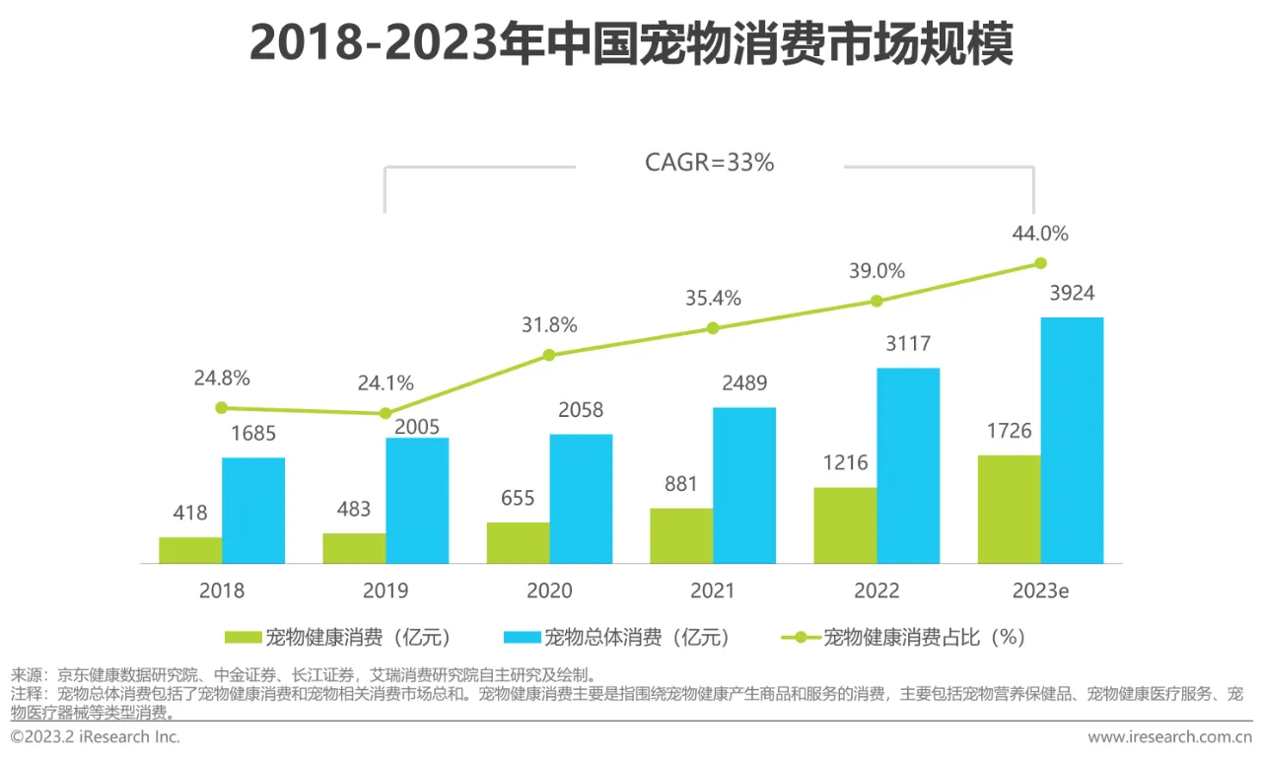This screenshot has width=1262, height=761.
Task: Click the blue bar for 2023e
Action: pyautogui.click(x=1072, y=441)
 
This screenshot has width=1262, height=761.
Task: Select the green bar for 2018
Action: pyautogui.click(x=190, y=550)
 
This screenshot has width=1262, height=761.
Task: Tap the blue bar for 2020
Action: pyautogui.click(x=581, y=499)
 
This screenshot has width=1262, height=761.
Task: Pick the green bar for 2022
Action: pyautogui.click(x=845, y=525)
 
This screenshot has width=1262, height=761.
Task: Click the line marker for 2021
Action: pyautogui.click(x=713, y=327)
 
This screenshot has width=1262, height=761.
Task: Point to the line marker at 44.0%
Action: pyautogui.click(x=1040, y=263)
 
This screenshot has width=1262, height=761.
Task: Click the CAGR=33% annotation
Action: pyautogui.click(x=710, y=163)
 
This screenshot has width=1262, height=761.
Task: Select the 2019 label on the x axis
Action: pyautogui.click(x=386, y=590)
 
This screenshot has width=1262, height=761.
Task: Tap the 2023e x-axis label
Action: pyautogui.click(x=1040, y=590)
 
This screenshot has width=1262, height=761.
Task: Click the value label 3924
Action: pyautogui.click(x=1072, y=294)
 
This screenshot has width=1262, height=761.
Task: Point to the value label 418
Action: pyautogui.click(x=190, y=513)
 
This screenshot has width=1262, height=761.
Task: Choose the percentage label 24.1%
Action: pyautogui.click(x=386, y=382)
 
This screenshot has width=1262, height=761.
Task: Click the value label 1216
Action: pyautogui.click(x=845, y=463)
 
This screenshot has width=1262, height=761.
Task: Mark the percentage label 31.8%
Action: pyautogui.click(x=549, y=325)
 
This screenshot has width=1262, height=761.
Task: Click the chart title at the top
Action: pyautogui.click(x=631, y=45)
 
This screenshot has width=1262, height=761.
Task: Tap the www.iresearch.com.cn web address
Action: pyautogui.click(x=1169, y=737)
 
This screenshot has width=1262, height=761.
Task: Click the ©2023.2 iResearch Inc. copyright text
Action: pyautogui.click(x=96, y=737)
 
